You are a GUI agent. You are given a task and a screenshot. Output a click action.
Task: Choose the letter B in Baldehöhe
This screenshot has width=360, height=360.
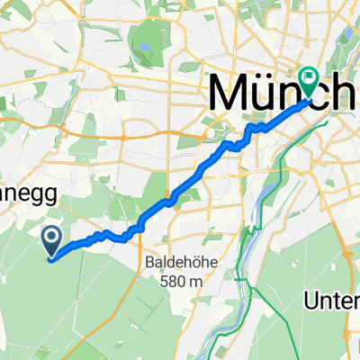point(148,263)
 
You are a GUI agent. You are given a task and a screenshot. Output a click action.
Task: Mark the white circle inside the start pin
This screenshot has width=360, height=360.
point(52,238)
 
